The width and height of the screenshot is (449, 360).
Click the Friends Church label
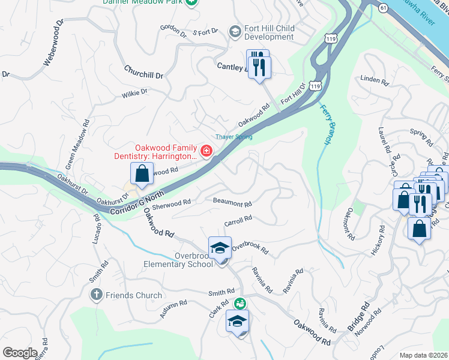133,295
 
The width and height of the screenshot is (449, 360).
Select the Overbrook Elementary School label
178,259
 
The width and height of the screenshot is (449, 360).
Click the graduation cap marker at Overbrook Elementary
220,248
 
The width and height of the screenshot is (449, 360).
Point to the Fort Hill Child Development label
268,32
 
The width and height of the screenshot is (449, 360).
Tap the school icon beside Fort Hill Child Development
235,31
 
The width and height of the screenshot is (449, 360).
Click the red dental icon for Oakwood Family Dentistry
206,150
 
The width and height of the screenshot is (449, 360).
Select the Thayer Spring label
234,137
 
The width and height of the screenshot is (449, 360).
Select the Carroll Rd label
238,221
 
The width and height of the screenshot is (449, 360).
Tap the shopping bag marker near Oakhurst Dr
140,175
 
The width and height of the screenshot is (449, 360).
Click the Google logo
20,353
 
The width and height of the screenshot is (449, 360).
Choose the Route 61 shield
383,6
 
